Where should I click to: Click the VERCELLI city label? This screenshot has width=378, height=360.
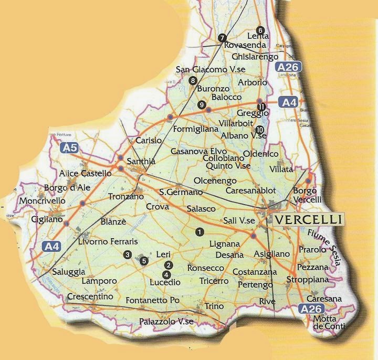click(x=308, y=219)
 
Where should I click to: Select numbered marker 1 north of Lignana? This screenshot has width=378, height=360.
click(x=199, y=231)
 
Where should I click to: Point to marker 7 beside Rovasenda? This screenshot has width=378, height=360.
click(x=222, y=38)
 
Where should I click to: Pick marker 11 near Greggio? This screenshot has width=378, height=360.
click(x=261, y=107)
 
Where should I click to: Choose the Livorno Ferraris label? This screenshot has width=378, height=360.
click(x=108, y=242)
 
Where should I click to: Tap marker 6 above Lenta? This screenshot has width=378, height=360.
click(x=260, y=29)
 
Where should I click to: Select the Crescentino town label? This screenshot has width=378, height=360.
click(x=90, y=297)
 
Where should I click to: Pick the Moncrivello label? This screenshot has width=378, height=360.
click(x=43, y=200)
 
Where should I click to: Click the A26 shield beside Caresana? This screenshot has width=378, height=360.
click(x=311, y=310)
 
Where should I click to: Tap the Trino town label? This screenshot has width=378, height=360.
click(x=214, y=306)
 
